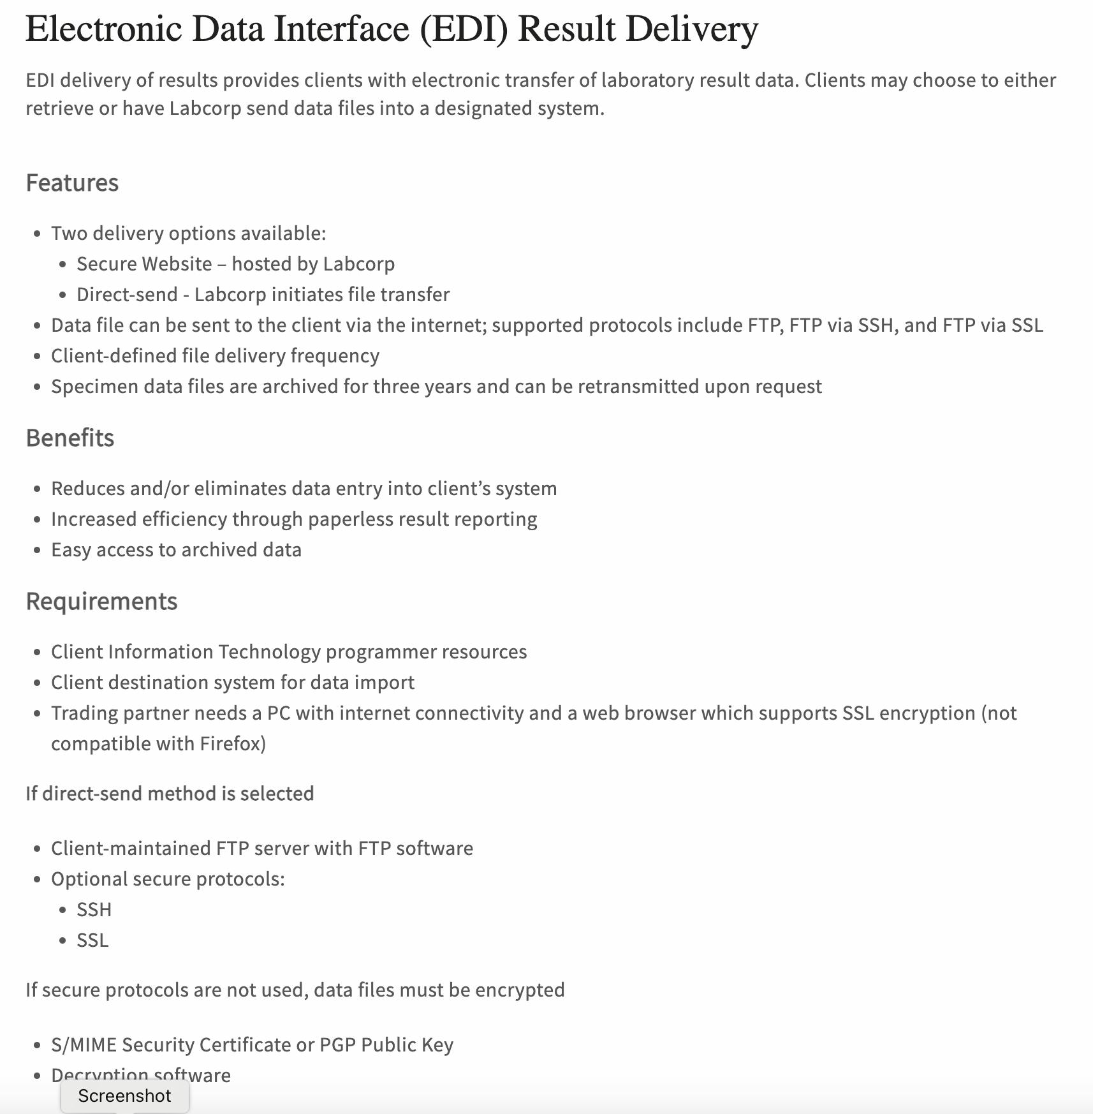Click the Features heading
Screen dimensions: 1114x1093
[72, 183]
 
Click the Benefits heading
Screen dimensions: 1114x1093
[70, 438]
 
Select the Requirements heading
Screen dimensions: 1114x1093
[101, 602]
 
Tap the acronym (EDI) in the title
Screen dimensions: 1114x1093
[464, 29]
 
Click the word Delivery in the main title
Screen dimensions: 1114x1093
[692, 29]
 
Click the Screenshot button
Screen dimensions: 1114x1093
[125, 1095]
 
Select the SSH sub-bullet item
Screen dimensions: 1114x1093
[94, 910]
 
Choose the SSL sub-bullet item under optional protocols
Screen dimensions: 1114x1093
[92, 940]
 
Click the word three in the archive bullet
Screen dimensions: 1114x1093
[399, 387]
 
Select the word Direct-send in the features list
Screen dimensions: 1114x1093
[127, 295]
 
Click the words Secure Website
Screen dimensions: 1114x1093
[144, 264]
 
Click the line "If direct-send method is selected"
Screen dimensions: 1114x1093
[170, 794]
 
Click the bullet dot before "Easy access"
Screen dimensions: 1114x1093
[38, 551]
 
